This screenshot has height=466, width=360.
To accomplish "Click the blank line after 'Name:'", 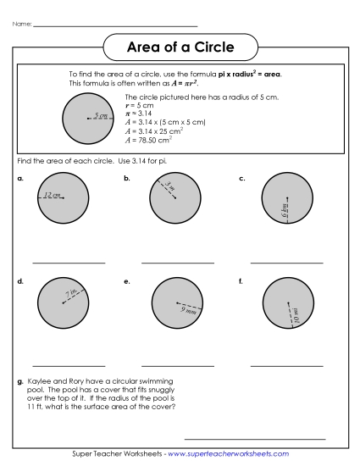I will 114,25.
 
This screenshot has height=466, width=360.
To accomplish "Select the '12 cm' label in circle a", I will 51,195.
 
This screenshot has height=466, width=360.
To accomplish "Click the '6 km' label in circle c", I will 285,210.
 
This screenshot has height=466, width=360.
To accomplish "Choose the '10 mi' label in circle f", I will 296,315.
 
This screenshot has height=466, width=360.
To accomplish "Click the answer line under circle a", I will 69,263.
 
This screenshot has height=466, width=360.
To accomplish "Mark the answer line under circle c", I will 287,263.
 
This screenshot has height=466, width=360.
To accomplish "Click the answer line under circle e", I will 178,365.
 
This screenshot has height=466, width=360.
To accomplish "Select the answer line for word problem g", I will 254,439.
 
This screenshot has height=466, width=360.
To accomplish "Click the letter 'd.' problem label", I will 19,280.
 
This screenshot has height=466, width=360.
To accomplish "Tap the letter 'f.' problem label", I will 241,280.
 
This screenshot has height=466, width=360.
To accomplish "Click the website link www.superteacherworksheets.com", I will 228,454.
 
